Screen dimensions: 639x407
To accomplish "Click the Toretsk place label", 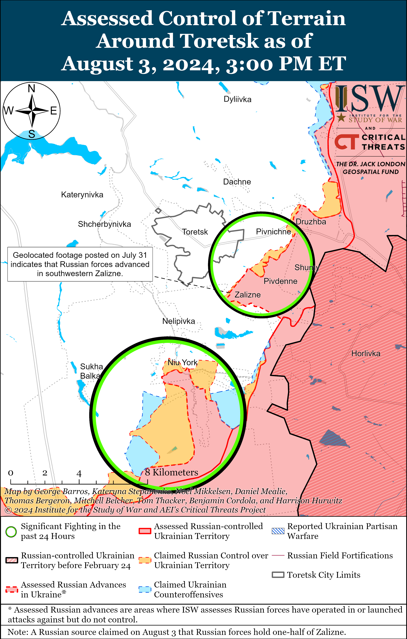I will click(x=195, y=232).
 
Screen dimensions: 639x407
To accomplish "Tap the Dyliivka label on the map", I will click(x=237, y=99).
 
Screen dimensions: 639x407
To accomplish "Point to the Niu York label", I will click(x=182, y=362).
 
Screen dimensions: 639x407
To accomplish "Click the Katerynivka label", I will click(x=82, y=195).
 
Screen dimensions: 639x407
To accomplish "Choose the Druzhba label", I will click(x=311, y=222).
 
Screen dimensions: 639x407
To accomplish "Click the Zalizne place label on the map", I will click(x=248, y=295).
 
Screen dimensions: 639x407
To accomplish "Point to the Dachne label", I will click(x=237, y=182).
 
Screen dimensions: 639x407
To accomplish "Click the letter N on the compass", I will click(x=32, y=88).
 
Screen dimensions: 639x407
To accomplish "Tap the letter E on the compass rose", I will click(x=54, y=111).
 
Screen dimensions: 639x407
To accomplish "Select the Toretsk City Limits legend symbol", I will click(x=278, y=575).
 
